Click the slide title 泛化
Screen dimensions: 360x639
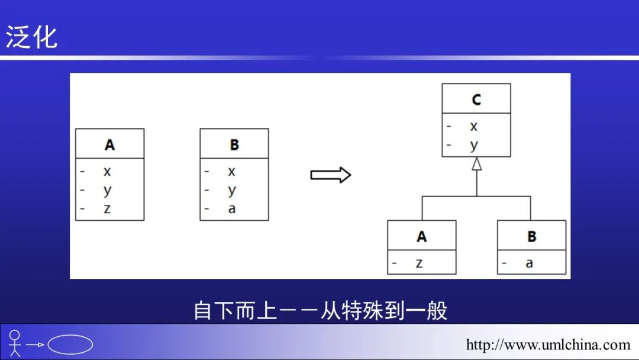[31, 37]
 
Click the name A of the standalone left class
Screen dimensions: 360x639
[109, 144]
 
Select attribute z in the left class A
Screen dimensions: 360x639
[107, 208]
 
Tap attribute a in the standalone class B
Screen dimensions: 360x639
[232, 208]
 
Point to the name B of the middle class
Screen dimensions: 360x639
[234, 144]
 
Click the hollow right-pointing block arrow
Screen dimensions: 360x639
[331, 175]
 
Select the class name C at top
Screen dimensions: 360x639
[476, 99]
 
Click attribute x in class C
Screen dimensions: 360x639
[474, 126]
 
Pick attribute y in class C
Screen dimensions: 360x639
[474, 145]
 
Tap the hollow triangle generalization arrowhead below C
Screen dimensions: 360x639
[476, 164]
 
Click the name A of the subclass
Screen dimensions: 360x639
[422, 237]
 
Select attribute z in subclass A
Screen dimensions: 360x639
[419, 263]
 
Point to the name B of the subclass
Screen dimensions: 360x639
[531, 237]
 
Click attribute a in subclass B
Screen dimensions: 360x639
[530, 263]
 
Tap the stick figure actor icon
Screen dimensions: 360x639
[15, 343]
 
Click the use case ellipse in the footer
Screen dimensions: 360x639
[70, 344]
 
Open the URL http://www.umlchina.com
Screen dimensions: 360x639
[548, 345]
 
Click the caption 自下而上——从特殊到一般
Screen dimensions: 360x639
[320, 310]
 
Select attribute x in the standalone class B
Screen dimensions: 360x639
[232, 172]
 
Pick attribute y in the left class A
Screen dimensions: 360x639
[107, 191]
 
